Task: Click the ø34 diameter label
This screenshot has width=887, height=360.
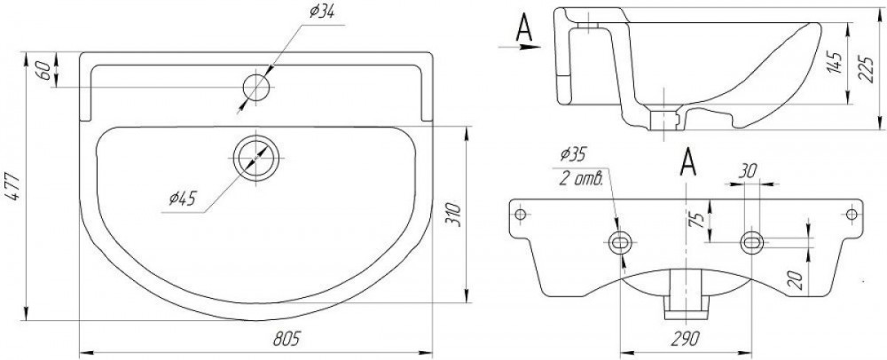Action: [x=321, y=12]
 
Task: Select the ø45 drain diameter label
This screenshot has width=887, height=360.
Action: [x=182, y=198]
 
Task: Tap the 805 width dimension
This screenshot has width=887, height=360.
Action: [x=287, y=338]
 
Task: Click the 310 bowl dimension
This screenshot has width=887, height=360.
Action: [x=455, y=215]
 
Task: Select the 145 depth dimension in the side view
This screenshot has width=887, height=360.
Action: [x=835, y=61]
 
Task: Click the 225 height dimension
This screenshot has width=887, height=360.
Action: [x=866, y=68]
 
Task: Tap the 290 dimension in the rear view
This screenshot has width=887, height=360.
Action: [x=687, y=338]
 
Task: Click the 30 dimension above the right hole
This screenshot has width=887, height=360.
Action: [x=748, y=171]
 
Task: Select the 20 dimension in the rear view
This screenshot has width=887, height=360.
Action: [x=797, y=279]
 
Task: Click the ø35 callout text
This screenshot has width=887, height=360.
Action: [x=574, y=153]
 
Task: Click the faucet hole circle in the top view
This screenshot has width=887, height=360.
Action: [x=256, y=88]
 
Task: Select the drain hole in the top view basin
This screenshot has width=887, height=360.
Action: [x=256, y=158]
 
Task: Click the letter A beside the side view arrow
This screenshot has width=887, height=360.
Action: [x=524, y=27]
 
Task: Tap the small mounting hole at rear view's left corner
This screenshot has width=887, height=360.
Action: [x=521, y=215]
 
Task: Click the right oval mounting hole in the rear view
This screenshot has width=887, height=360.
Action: [x=752, y=242]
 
